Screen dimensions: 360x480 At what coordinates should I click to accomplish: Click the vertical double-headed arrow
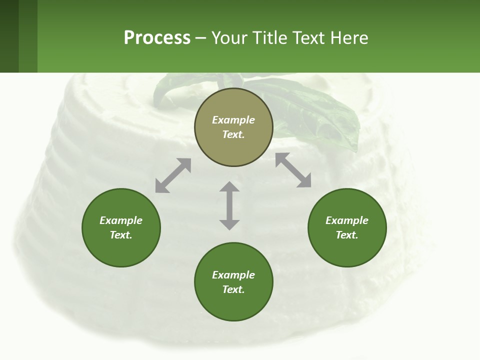click(229, 205)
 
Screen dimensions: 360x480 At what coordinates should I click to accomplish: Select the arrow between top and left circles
click(173, 175)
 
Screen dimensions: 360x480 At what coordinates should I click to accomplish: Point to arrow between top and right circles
click(293, 170)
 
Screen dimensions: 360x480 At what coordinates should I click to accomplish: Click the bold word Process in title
click(157, 37)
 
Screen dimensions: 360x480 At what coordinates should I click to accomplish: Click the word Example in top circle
click(233, 120)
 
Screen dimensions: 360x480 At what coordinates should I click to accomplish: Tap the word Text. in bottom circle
click(233, 289)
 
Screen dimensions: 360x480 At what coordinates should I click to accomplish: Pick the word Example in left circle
click(121, 220)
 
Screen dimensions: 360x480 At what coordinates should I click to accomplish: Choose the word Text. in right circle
click(347, 235)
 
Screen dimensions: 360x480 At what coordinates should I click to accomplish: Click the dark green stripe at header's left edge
click(9, 36)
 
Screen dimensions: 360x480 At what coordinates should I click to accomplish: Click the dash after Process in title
click(200, 38)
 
